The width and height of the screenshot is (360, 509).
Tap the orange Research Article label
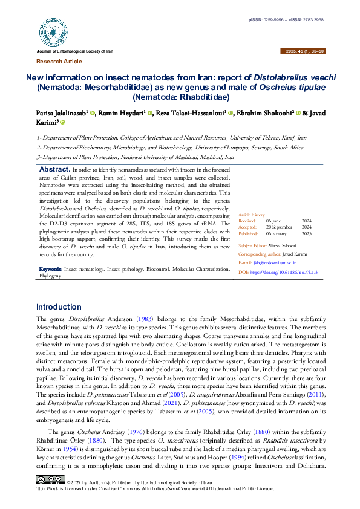pyautogui.click(x=59, y=62)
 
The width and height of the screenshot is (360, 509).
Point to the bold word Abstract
pyautogui.click(x=54, y=171)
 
